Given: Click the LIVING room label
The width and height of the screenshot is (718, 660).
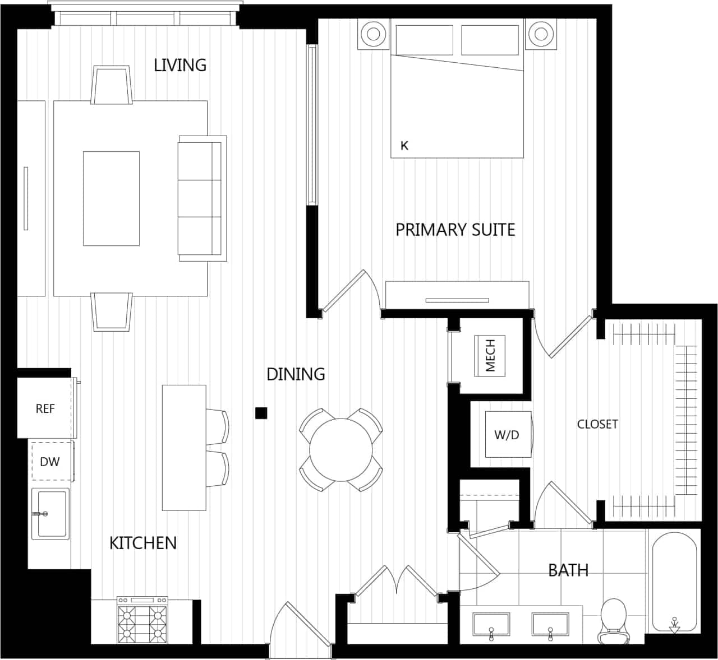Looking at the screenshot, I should tap(180, 65).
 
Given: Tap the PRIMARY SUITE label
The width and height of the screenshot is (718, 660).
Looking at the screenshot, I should tap(455, 230).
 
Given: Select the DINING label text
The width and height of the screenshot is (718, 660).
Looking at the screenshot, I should tap(296, 374).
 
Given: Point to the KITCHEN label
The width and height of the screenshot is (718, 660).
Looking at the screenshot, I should tap(143, 543).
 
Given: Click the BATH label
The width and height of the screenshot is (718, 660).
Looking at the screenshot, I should tap(568, 570).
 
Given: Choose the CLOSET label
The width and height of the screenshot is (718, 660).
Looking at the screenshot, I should tap(597, 424).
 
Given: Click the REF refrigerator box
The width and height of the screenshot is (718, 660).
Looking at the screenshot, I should tap(45, 408).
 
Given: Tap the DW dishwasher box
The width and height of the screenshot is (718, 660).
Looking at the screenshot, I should tap(50, 462).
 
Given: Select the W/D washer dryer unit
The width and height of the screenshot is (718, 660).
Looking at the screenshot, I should tap(507, 434).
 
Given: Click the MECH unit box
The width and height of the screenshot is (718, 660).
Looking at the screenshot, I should tap(490, 355).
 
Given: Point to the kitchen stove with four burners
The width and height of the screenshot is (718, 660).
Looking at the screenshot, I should tap(142, 620).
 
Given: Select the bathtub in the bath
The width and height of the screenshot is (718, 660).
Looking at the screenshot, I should tap(674, 583).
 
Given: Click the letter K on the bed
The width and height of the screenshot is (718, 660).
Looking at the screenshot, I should tap(404, 146).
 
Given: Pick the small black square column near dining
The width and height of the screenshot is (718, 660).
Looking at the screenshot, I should tap(261, 413).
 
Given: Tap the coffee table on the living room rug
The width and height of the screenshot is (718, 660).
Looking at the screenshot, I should tap(111, 198).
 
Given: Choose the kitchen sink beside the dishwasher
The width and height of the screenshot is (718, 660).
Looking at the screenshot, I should tap(50, 514).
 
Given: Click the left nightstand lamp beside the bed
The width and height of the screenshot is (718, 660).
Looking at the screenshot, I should tap(373, 34).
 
